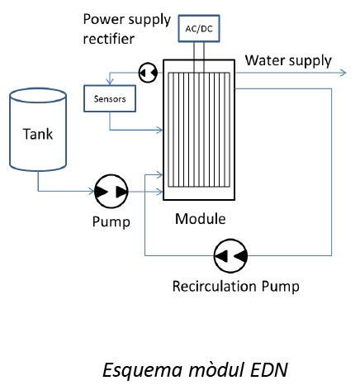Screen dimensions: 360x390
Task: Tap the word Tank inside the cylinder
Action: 38,134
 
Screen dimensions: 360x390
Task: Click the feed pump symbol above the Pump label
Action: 111,192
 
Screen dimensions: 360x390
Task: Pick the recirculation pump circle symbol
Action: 230,256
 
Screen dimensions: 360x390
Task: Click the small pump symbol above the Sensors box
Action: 148,73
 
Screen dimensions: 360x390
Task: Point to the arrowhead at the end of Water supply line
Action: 343,73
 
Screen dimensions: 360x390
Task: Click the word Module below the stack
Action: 201,219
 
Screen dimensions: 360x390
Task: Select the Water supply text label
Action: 288,61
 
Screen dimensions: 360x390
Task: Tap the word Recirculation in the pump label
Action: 215,286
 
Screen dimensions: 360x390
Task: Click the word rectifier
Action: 109,39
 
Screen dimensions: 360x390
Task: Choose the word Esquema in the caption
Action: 142,370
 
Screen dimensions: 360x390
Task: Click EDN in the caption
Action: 268,369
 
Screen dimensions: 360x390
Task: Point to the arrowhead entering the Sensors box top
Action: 110,82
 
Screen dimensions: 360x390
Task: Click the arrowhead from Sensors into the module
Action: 159,130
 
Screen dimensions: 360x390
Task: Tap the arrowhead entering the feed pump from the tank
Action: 91,191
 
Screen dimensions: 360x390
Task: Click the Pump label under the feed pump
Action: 111,222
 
